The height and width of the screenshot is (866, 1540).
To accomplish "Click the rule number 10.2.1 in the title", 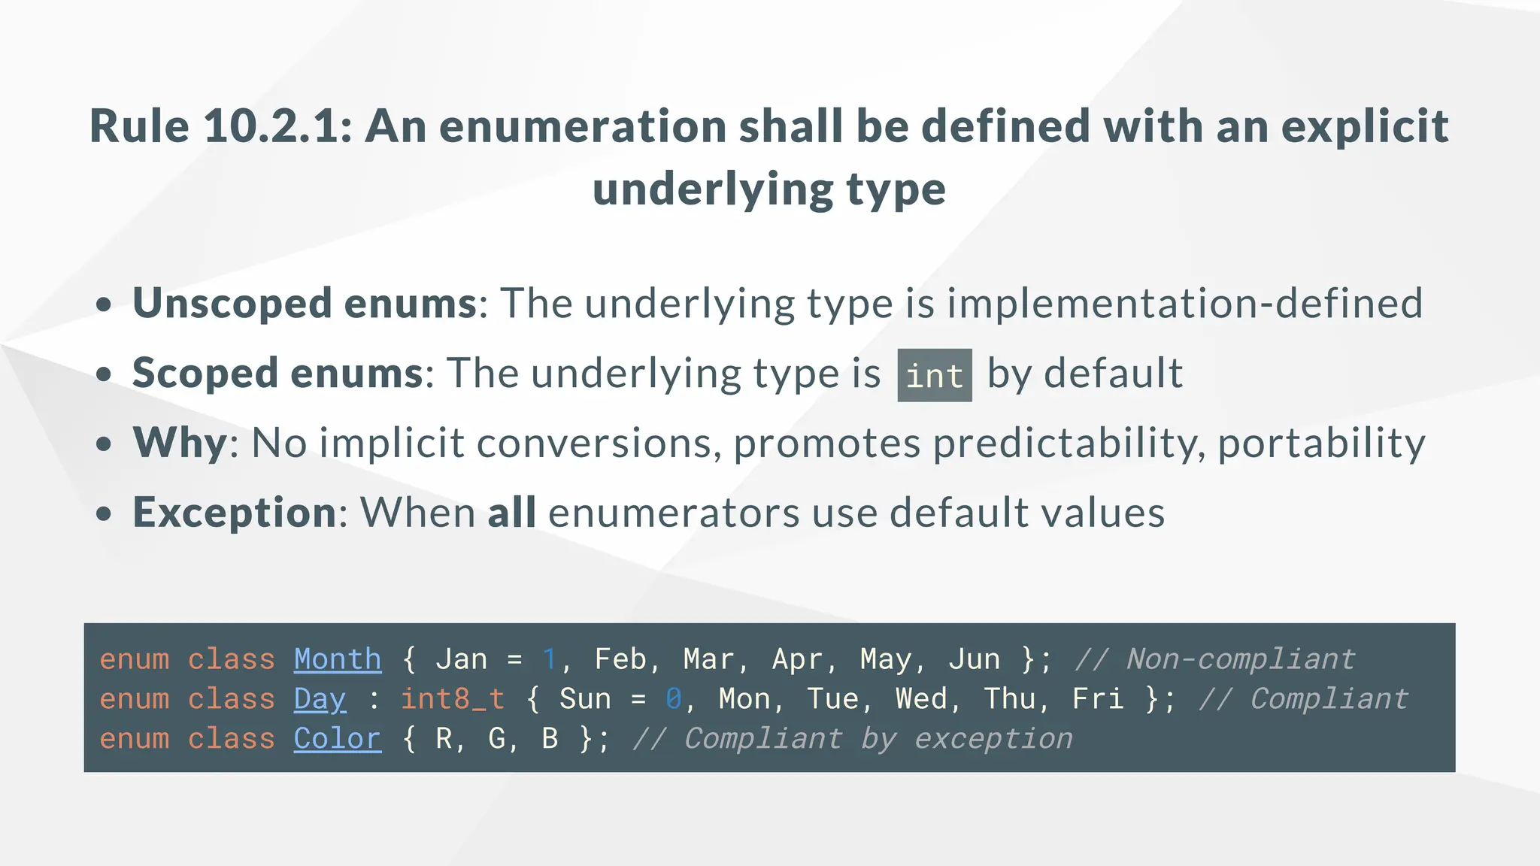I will [x=277, y=126].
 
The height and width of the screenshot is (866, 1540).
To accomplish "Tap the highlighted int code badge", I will [x=934, y=375].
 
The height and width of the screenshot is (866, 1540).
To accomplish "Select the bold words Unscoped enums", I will [x=305, y=303].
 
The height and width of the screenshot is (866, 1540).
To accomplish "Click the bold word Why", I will [x=180, y=442].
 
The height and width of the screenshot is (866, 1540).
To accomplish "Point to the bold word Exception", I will [x=234, y=512].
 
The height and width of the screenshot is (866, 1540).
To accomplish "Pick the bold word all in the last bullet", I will [x=511, y=512].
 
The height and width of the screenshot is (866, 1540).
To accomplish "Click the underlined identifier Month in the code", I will [x=338, y=659].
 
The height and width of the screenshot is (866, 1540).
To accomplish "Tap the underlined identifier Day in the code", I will [x=320, y=699].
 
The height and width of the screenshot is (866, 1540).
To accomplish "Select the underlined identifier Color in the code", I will [x=337, y=739].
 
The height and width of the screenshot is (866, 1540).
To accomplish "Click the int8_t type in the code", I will [x=452, y=699].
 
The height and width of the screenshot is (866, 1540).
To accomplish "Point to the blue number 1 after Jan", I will [x=549, y=659].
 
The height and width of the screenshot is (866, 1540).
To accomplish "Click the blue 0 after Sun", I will [x=673, y=699].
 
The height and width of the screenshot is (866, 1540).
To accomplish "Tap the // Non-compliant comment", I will [x=1214, y=659].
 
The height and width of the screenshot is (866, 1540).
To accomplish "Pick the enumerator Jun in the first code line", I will [x=974, y=659].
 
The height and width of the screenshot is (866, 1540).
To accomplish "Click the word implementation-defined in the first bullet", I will [x=1184, y=303].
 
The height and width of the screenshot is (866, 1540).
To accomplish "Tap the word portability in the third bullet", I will [x=1321, y=442].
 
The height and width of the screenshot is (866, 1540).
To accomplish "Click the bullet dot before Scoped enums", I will [x=104, y=374].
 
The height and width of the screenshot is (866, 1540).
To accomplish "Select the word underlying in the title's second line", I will [x=713, y=189].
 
